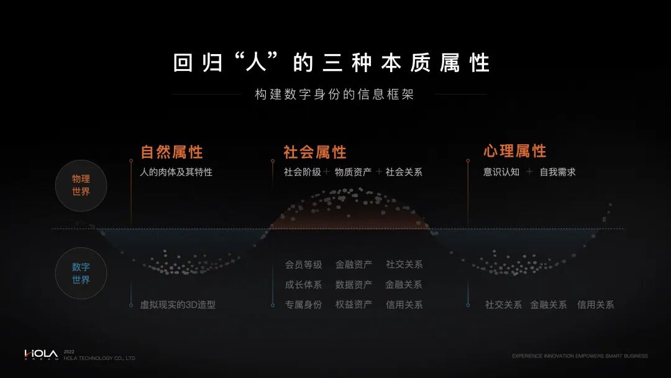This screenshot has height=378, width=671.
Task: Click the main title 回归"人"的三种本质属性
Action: click(x=332, y=63)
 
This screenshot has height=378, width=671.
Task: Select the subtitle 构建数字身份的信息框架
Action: click(x=334, y=94)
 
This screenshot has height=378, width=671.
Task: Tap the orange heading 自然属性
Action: click(x=171, y=152)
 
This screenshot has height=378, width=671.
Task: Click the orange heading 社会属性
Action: click(x=315, y=152)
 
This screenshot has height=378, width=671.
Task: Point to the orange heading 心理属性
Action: click(x=515, y=151)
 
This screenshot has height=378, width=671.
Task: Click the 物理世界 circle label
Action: click(x=81, y=185)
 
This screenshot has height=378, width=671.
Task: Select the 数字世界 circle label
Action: click(x=81, y=274)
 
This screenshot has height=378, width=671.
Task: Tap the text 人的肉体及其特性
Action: click(x=176, y=172)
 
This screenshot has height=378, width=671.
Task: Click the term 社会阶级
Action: click(x=303, y=172)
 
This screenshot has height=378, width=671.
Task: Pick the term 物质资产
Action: click(x=353, y=172)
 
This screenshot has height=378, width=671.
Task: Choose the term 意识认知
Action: click(x=501, y=172)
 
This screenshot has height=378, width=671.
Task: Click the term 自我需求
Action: click(x=557, y=172)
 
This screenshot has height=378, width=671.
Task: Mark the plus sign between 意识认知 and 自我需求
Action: click(x=529, y=172)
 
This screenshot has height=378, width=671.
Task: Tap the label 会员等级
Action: click(x=304, y=265)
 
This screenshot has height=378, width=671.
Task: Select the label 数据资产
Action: click(x=354, y=285)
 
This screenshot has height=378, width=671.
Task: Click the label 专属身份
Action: click(x=304, y=305)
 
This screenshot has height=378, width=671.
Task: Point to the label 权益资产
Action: click(x=354, y=305)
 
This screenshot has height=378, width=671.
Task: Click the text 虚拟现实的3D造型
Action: click(x=178, y=305)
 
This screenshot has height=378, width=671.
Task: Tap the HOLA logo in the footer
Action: click(x=41, y=354)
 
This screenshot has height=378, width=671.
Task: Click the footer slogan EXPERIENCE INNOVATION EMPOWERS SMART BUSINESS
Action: click(x=580, y=356)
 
